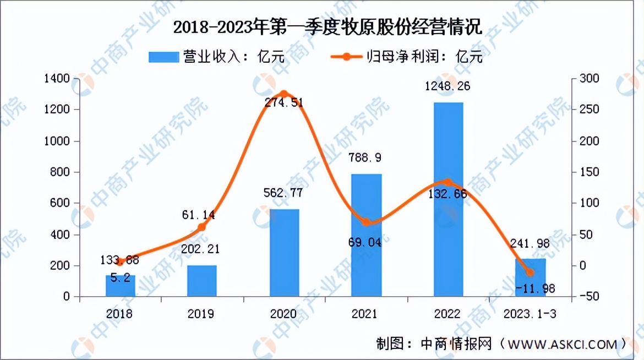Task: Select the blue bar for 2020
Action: pyautogui.click(x=284, y=253)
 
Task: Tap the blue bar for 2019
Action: pyautogui.click(x=201, y=281)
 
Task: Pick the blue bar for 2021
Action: pyautogui.click(x=366, y=235)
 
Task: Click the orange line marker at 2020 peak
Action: pyautogui.click(x=284, y=94)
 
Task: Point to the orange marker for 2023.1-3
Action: pyautogui.click(x=530, y=272)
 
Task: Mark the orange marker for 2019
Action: pyautogui.click(x=201, y=227)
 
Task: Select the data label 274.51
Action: pyautogui.click(x=284, y=102)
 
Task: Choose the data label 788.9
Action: pyautogui.click(x=366, y=158)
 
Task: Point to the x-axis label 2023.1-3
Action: pyautogui.click(x=530, y=314)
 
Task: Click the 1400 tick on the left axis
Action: pyautogui.click(x=58, y=79)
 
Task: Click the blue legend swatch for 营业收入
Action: pyautogui.click(x=163, y=57)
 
